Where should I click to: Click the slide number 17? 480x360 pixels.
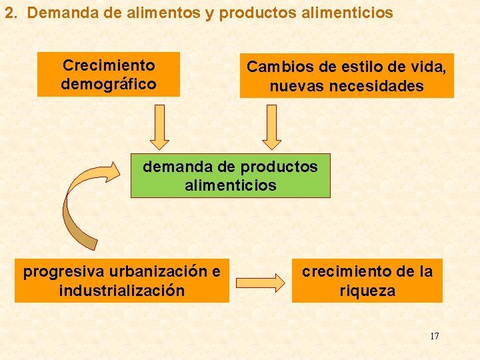434,335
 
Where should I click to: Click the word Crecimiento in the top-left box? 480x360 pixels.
109,65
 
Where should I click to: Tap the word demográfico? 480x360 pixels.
109,84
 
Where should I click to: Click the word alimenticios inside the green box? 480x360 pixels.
230,185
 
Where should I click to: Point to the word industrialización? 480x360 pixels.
121,291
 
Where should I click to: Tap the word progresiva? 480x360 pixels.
64,272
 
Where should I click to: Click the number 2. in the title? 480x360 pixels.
10,13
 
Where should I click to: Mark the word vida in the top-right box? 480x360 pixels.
429,67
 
